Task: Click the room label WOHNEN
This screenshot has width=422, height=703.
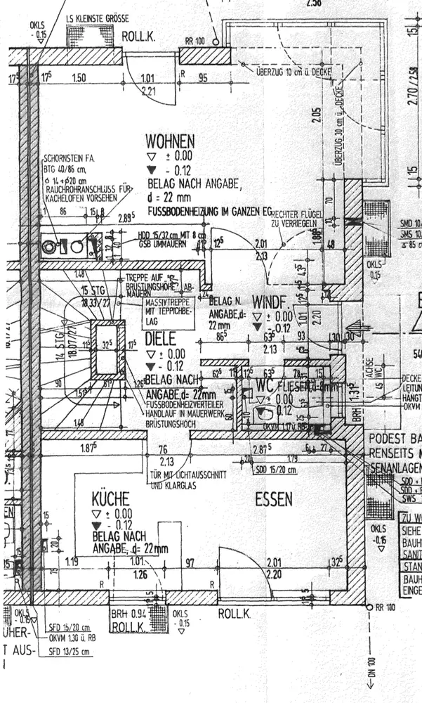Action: coord(170,141)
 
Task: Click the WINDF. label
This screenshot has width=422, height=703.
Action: coord(269,302)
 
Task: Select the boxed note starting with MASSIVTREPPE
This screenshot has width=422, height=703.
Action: coord(149,311)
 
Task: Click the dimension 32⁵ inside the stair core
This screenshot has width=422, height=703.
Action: coord(107,346)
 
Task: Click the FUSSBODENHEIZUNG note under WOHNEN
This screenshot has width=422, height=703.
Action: coord(209,211)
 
